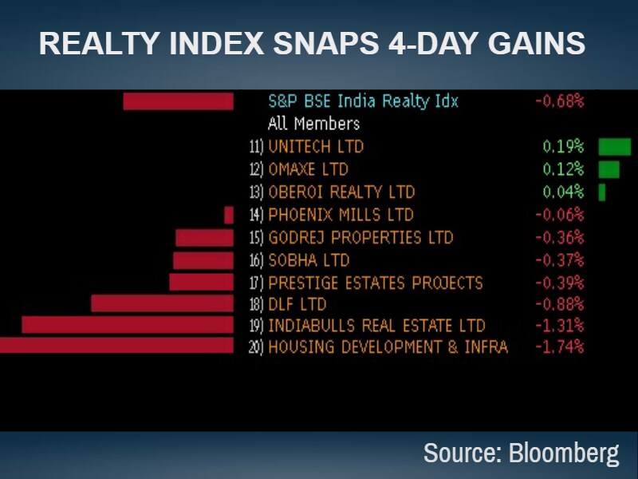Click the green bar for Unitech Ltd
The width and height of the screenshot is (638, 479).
(x=614, y=147)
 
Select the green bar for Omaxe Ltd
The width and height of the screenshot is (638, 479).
(x=608, y=169)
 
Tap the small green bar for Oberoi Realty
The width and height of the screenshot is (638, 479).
(x=602, y=192)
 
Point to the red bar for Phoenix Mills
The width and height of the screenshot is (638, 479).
(x=229, y=215)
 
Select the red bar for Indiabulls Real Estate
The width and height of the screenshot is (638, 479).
(x=128, y=325)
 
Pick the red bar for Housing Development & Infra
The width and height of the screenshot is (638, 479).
(x=116, y=346)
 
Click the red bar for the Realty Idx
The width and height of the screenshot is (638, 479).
(x=178, y=101)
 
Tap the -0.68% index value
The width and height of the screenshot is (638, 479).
(x=559, y=101)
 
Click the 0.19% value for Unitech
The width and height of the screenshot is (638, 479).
(x=563, y=147)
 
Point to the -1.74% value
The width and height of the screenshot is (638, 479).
(x=559, y=347)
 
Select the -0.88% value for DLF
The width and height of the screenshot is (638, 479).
(x=559, y=304)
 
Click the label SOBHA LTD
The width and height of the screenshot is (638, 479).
(x=309, y=260)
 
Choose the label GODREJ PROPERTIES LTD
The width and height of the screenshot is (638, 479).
(x=360, y=238)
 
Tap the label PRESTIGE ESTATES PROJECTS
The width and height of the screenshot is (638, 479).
(x=376, y=283)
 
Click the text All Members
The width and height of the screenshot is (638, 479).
(x=313, y=124)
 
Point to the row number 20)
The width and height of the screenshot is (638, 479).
(x=256, y=348)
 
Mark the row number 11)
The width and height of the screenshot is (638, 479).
(x=256, y=148)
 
